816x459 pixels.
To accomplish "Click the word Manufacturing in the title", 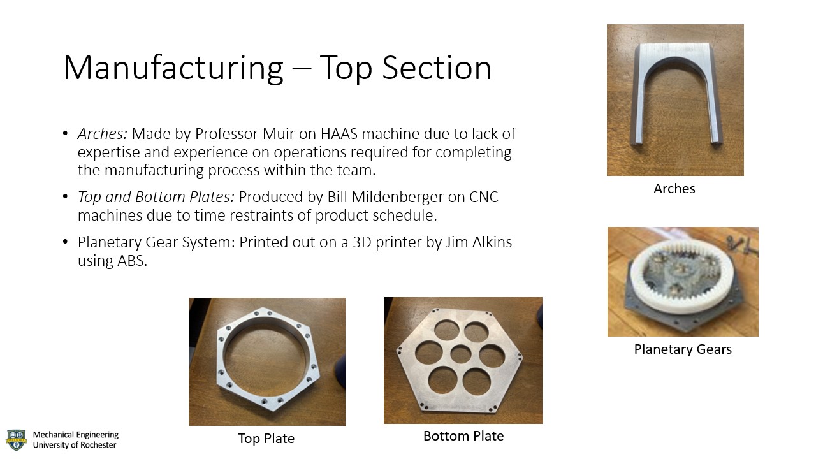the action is tap(173, 68).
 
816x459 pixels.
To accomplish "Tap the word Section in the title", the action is tap(437, 68).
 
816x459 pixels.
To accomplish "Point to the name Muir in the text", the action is tap(279, 134).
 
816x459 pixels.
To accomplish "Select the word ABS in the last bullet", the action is tap(132, 261).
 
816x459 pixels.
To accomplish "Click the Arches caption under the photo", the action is tap(674, 189).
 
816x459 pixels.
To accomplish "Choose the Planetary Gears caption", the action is tap(683, 349).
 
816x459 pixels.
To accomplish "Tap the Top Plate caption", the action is tap(266, 439).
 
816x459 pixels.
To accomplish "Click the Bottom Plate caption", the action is tap(463, 436).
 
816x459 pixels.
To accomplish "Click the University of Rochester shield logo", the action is tap(17, 440).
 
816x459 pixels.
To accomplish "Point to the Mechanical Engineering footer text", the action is tap(76, 435).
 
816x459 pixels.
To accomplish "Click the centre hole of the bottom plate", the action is tap(461, 353).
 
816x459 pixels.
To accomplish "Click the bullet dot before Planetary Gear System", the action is tap(65, 242).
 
